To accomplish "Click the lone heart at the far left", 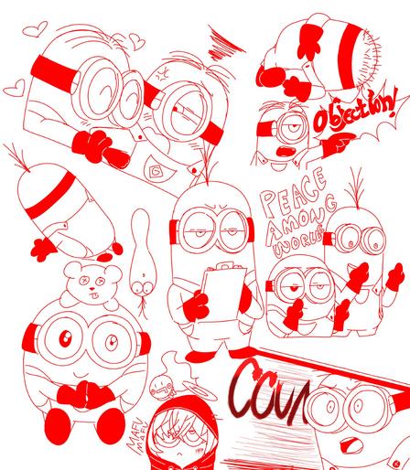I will (14, 90).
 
